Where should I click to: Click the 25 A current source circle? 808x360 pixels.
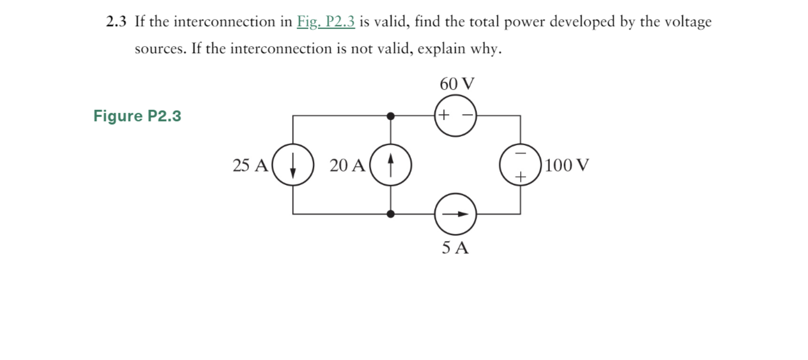293,165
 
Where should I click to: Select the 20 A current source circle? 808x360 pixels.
390,165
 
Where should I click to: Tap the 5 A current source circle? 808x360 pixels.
455,214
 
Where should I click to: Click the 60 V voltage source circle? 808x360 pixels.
455,116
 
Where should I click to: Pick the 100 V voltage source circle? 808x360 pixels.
520,165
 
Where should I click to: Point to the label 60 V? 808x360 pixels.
457,84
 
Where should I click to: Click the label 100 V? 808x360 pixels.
567,165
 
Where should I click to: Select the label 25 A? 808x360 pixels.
250,165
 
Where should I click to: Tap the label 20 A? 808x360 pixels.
347,165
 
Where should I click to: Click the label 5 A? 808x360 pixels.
455,247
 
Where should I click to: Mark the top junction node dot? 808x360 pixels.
390,116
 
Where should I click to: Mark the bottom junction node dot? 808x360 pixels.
390,214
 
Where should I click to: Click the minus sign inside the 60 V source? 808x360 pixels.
467,115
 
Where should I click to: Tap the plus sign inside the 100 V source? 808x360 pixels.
521,177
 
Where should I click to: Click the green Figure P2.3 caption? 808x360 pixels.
137,116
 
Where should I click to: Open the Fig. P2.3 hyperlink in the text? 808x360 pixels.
325,22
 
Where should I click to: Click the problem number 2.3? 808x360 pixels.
116,22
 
